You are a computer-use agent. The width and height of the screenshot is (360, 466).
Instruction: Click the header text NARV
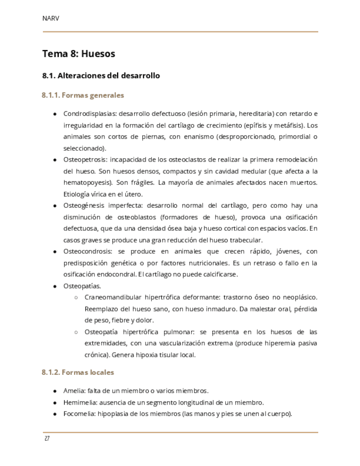coord(51,18)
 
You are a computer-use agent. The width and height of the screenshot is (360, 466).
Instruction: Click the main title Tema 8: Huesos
coord(79,54)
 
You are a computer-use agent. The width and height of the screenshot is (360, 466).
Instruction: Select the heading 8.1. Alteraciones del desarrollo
coord(101,76)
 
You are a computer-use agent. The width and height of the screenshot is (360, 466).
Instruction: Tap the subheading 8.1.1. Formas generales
coord(83,95)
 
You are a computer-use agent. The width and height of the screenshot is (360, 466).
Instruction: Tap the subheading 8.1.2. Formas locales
coord(78,372)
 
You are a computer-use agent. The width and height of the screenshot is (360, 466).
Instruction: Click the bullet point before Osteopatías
coord(55,286)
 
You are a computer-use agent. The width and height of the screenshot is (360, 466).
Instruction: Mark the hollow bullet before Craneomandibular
coord(75,297)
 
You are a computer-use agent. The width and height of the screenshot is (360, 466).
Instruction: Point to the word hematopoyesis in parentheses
coord(87,182)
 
